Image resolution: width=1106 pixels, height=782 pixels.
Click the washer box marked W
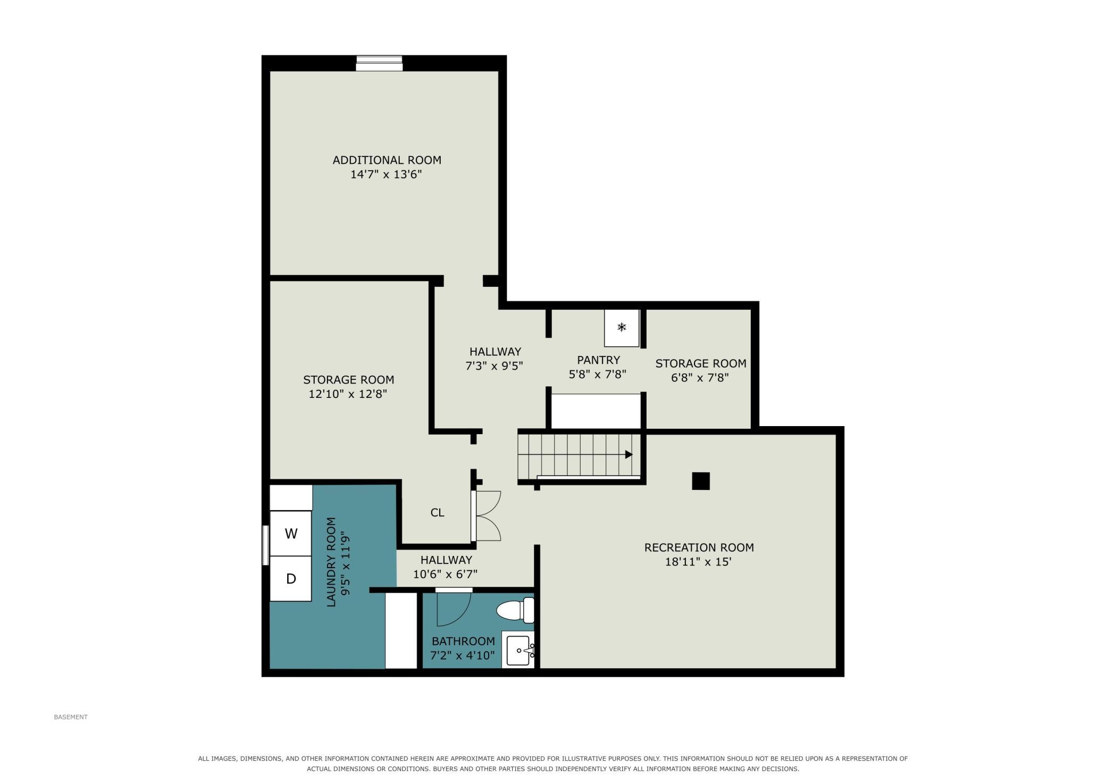(291, 534)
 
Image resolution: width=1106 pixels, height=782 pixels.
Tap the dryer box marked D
(291, 579)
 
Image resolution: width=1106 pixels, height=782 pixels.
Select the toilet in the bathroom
(515, 610)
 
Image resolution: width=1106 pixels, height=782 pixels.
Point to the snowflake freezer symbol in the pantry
(622, 327)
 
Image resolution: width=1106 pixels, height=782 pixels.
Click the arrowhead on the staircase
(629, 454)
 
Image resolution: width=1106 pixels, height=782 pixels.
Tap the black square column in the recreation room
(701, 481)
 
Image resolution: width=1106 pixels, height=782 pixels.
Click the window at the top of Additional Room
(379, 63)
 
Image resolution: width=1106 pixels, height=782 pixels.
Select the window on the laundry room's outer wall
(265, 545)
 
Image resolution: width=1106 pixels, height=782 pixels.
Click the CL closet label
(437, 513)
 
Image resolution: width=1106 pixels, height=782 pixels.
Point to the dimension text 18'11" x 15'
(698, 562)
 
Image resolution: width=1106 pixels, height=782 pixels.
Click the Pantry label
(598, 360)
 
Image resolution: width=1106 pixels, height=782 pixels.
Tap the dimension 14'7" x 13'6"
(386, 174)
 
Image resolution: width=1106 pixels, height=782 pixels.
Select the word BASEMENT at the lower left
(71, 717)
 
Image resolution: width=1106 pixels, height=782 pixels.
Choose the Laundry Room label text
(331, 562)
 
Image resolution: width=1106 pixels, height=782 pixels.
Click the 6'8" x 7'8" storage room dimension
(700, 378)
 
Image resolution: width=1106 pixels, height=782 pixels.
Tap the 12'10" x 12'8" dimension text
(348, 394)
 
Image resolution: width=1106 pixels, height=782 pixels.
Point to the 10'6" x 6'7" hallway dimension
(446, 574)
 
